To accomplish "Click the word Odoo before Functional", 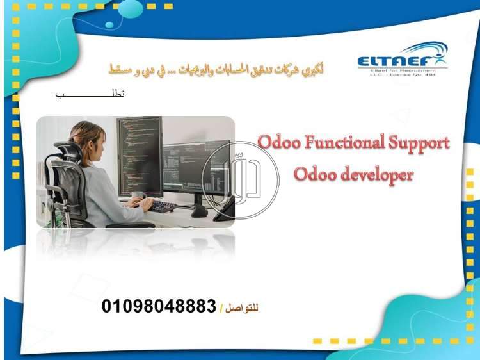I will (276, 142).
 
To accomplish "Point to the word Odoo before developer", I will (313, 174).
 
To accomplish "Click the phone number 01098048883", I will (159, 306).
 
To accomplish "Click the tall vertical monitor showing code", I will (140, 154).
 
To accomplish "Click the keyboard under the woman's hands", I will (163, 207).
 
